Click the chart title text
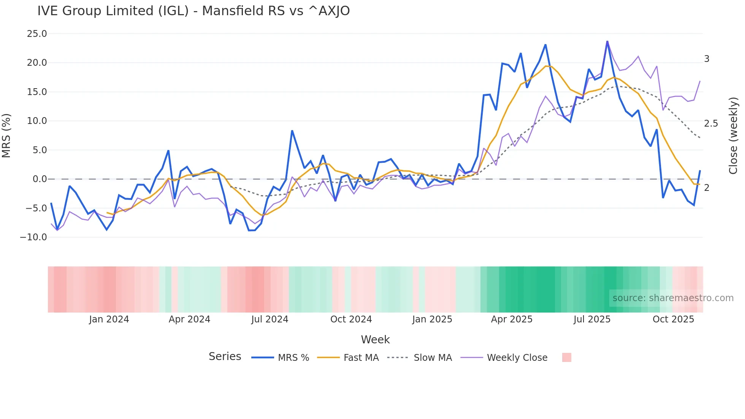[x=193, y=11]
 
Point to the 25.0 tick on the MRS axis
[x=37, y=34]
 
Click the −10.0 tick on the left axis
[x=33, y=237]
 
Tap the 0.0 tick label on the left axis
[x=40, y=179]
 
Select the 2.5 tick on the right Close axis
[x=711, y=124]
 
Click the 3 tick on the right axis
[x=707, y=59]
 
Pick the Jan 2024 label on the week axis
[x=109, y=319]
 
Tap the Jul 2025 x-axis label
[x=592, y=319]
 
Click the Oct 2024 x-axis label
[x=351, y=319]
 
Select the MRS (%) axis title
[x=6, y=135]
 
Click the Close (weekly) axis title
[x=733, y=135]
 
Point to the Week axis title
[x=375, y=340]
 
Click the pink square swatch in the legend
[x=566, y=357]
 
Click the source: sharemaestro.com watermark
[x=673, y=298]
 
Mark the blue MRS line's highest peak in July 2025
[x=607, y=41]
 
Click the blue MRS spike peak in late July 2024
[x=292, y=131]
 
